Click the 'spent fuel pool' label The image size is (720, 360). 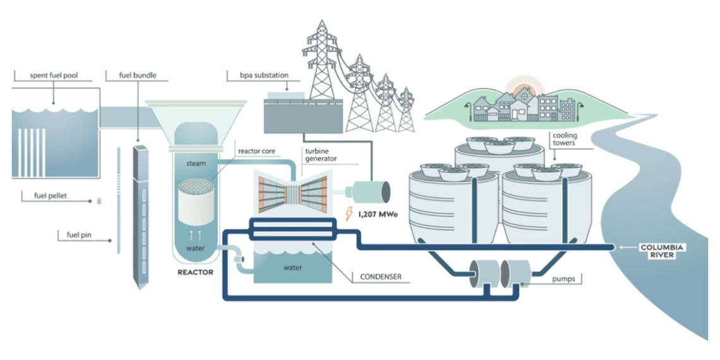tap(52, 76)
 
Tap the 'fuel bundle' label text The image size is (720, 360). tap(138, 76)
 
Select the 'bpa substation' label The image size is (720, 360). tap(266, 75)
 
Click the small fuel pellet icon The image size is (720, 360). tap(99, 200)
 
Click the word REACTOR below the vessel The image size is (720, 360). tap(195, 272)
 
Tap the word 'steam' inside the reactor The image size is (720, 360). tap(195, 164)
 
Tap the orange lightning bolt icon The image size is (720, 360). tap(349, 214)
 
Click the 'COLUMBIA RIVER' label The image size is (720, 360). tap(663, 251)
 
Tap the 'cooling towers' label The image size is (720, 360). tap(565, 139)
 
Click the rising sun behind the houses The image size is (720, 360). tap(522, 86)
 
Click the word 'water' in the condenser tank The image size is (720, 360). tap(292, 267)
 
